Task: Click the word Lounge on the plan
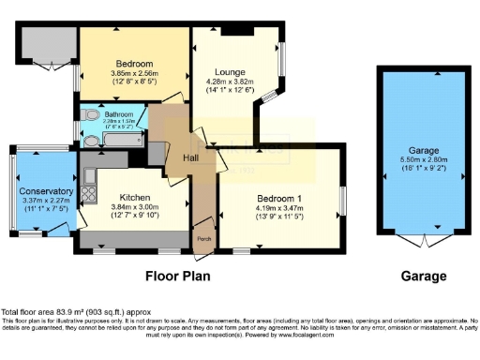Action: pyautogui.click(x=230, y=71)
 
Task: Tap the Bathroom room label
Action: pyautogui.click(x=119, y=113)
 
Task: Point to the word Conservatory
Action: pyautogui.click(x=46, y=191)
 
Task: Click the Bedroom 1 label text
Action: pyautogui.click(x=280, y=199)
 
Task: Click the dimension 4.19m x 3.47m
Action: pyautogui.click(x=280, y=208)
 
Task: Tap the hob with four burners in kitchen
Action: pyautogui.click(x=91, y=195)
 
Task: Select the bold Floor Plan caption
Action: pyautogui.click(x=177, y=277)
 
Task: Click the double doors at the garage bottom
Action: pyautogui.click(x=418, y=240)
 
